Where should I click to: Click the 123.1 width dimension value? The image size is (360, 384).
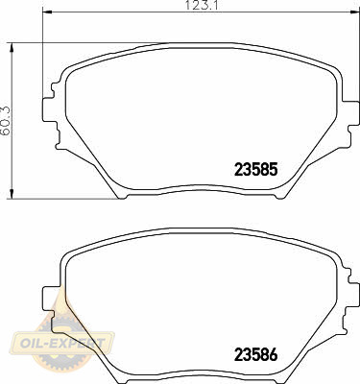[x=202, y=6]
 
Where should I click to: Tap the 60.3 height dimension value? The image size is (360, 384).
[x=6, y=121]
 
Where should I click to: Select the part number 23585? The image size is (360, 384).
[x=255, y=170]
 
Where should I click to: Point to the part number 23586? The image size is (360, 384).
[x=255, y=354]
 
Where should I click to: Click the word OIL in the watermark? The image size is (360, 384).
[x=31, y=344]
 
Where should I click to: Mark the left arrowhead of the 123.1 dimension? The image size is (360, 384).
[x=47, y=12]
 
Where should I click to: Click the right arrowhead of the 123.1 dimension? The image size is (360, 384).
[x=354, y=12]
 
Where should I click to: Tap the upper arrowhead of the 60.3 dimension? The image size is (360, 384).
[x=12, y=47]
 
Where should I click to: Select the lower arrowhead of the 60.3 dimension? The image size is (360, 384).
[x=12, y=194]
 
